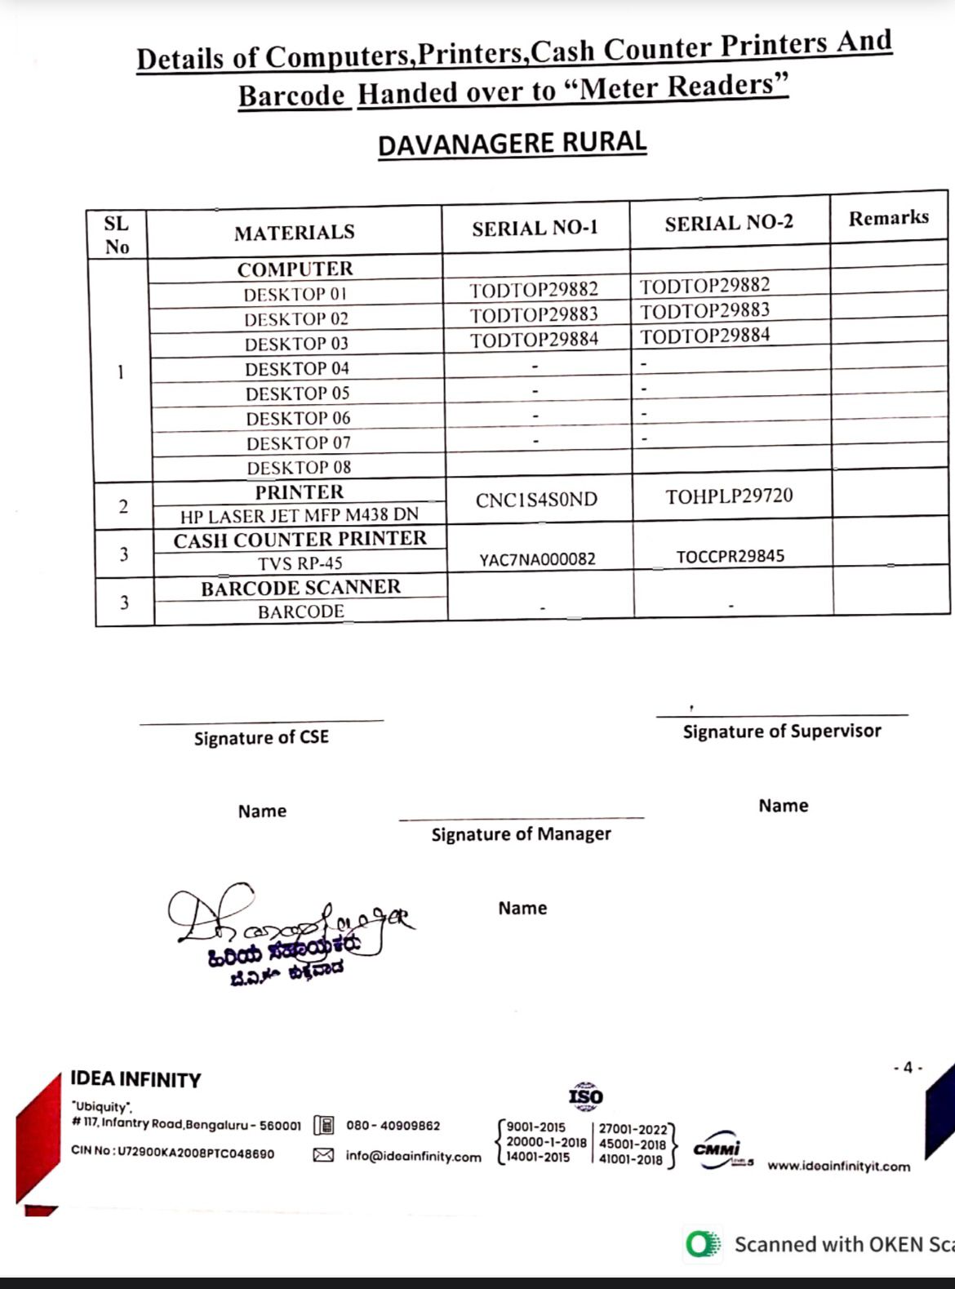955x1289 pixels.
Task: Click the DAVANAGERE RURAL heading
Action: (x=512, y=144)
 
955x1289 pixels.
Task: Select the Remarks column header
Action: (x=888, y=218)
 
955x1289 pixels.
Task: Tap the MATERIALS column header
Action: (x=294, y=233)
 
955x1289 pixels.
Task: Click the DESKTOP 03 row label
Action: (x=296, y=344)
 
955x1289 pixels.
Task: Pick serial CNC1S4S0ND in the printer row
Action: (x=536, y=500)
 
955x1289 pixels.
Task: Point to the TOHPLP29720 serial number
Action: (x=729, y=496)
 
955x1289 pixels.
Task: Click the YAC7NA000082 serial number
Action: (x=537, y=559)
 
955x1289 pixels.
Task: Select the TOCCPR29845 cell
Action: (x=730, y=557)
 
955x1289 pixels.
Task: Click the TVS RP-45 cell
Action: (x=300, y=563)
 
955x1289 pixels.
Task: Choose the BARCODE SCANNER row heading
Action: (x=300, y=588)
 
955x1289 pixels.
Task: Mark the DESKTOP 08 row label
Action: (x=299, y=468)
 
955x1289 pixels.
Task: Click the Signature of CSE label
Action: (x=261, y=738)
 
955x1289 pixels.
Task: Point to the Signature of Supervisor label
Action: (x=782, y=731)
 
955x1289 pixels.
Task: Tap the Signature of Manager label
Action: (x=521, y=834)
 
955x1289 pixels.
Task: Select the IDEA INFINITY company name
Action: (x=135, y=1080)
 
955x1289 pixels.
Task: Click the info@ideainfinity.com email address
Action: (x=413, y=1157)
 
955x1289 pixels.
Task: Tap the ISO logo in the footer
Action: (x=585, y=1096)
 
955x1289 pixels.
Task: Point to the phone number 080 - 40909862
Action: (x=393, y=1126)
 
